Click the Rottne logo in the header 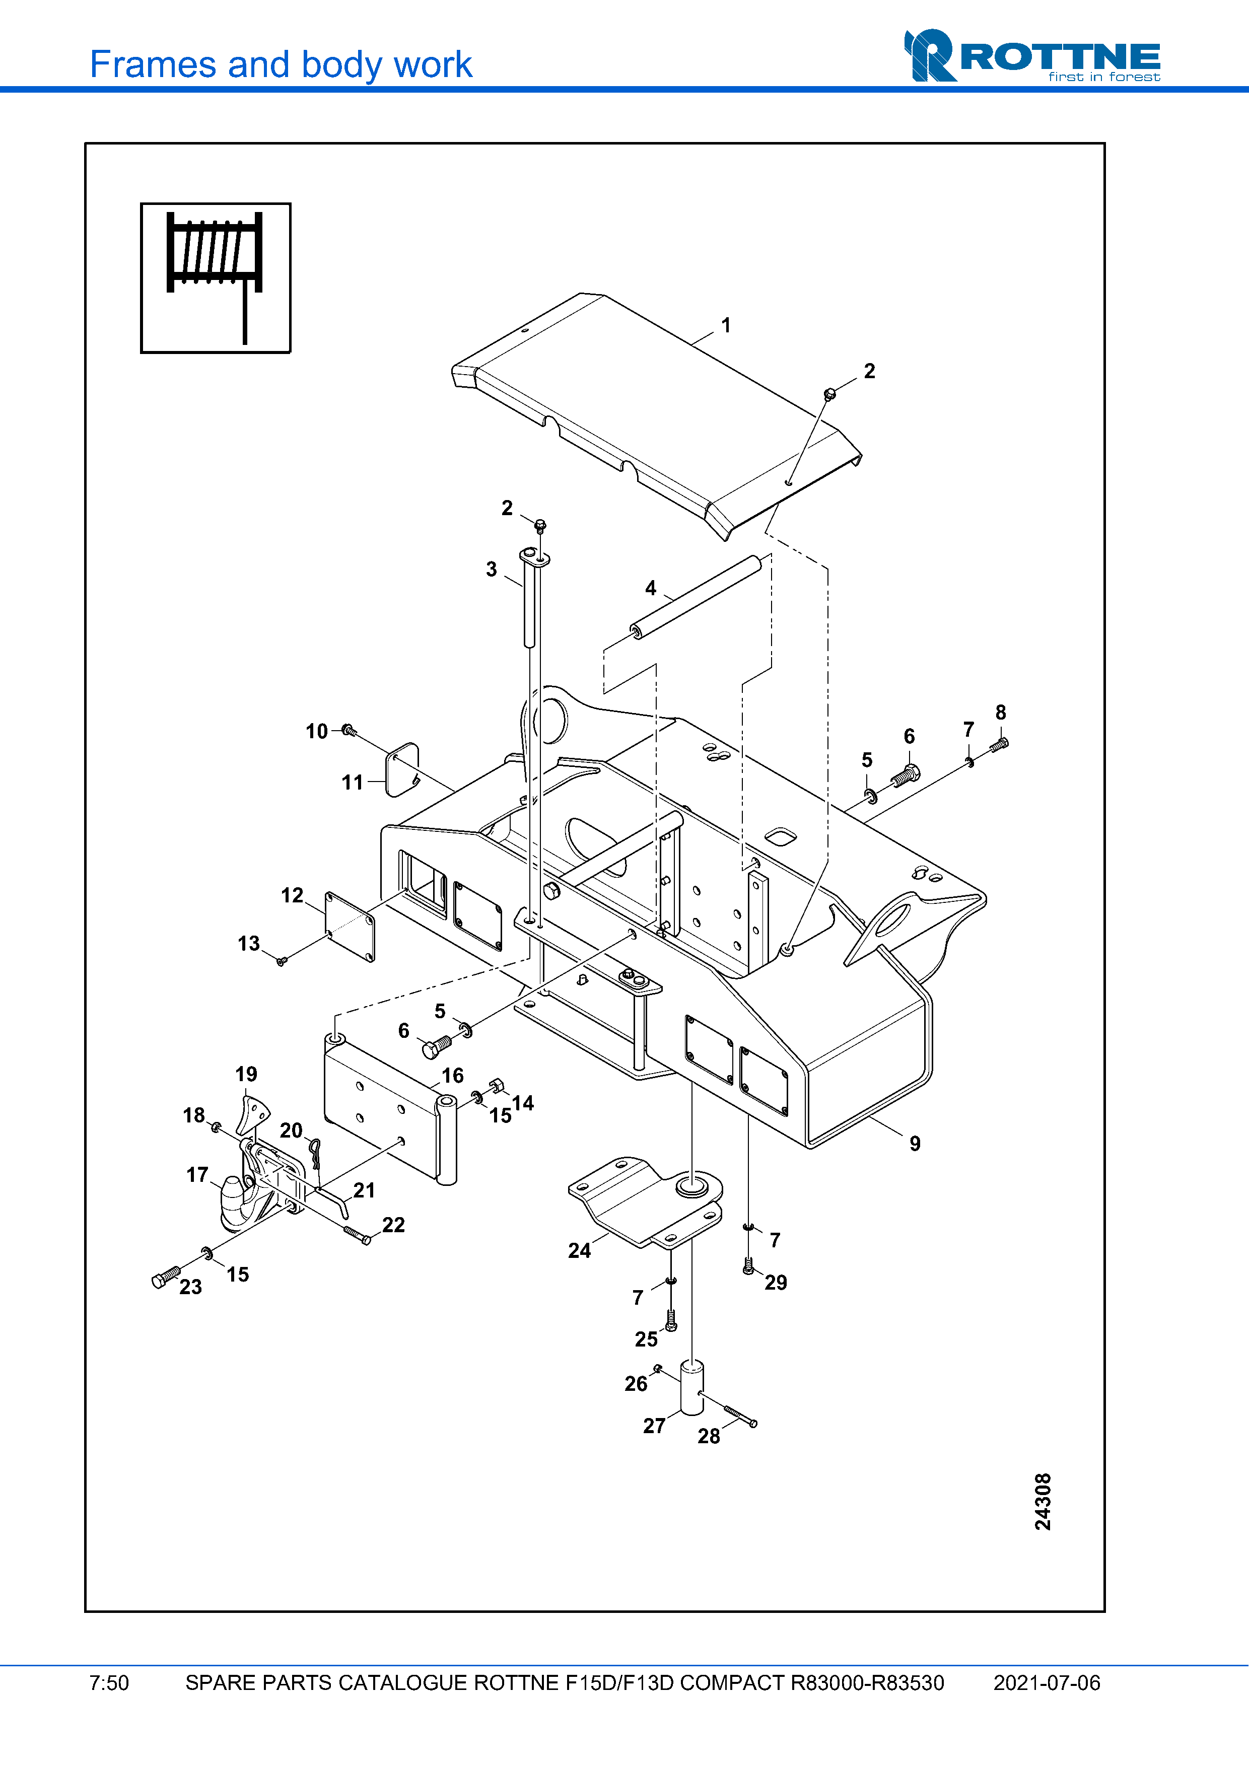click(x=1031, y=55)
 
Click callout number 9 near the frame click(x=914, y=1144)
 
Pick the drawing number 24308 click(x=1042, y=1501)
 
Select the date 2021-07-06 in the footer click(x=1046, y=1683)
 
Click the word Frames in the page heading click(x=153, y=64)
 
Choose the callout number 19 click(x=246, y=1075)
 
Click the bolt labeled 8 click(x=999, y=744)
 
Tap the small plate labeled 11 click(x=402, y=769)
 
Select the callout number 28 click(x=708, y=1436)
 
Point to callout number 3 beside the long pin click(x=491, y=570)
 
